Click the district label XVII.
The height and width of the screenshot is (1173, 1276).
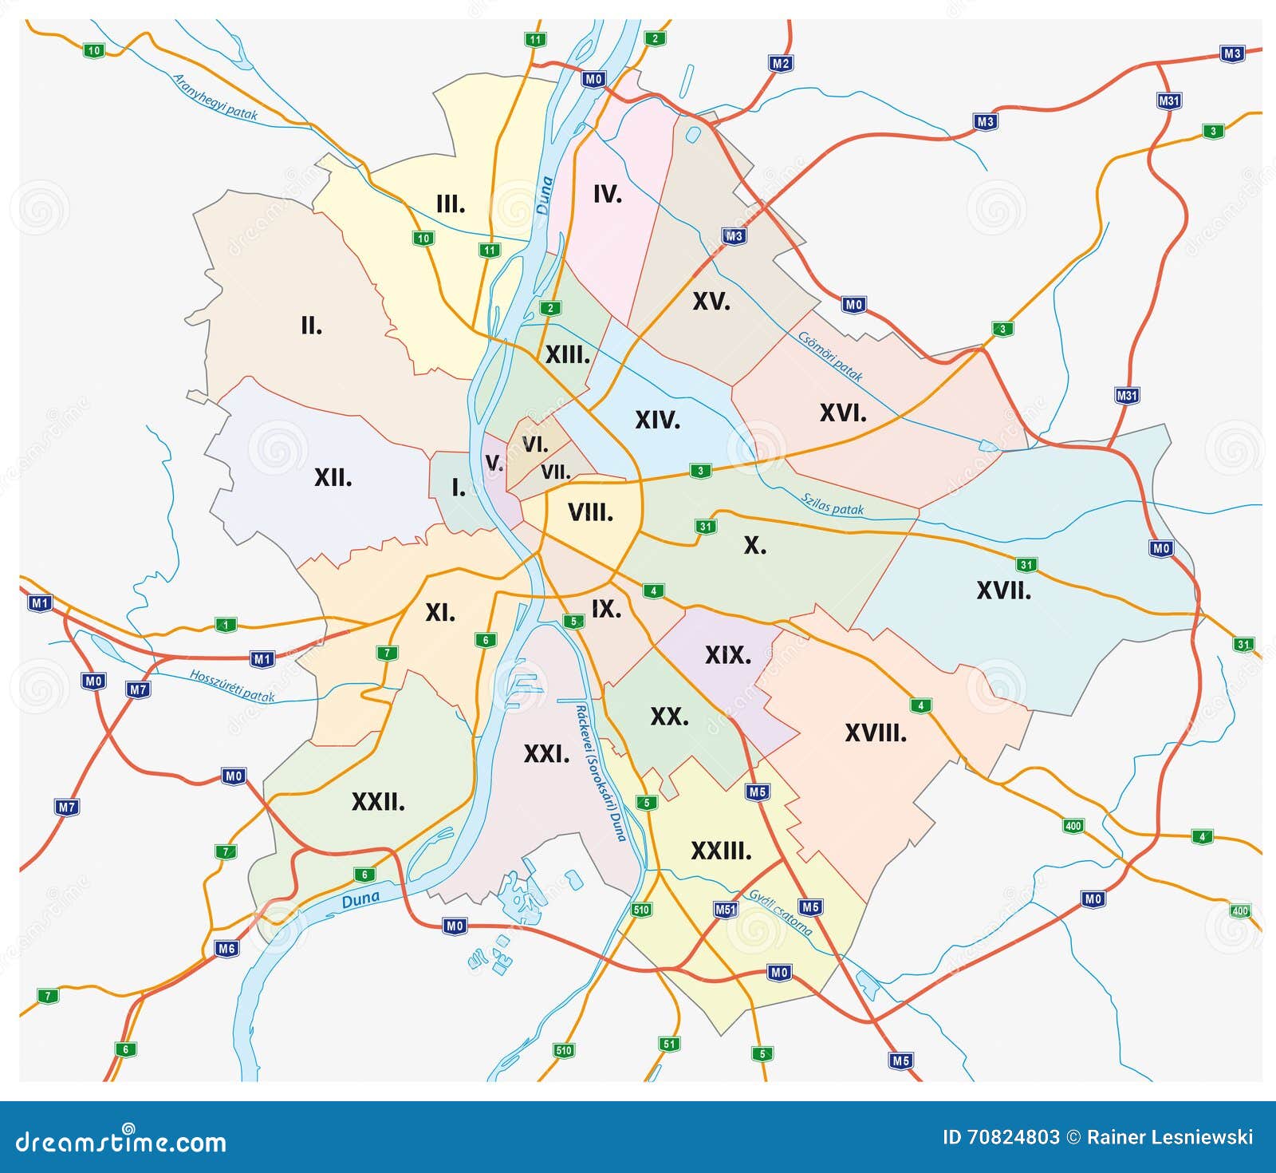coord(1003,591)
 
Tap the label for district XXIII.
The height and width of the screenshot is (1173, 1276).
coord(721,851)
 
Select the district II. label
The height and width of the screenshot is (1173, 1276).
coord(311,326)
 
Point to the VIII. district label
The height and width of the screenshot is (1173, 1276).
coord(590,512)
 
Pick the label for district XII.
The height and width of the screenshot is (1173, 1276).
coord(333,478)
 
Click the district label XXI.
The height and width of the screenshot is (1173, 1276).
coord(546,753)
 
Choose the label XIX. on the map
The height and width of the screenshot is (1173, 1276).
coord(727,655)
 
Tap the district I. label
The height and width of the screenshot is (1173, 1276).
coord(458,488)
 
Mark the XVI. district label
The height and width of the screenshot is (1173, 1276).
coord(842,413)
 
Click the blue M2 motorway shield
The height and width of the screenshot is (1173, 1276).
coord(781,63)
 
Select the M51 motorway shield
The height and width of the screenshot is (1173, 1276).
coord(725,910)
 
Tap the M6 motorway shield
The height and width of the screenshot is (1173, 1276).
coord(226,949)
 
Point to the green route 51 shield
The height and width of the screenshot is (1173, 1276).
coord(669,1044)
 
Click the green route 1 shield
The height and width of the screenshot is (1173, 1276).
coord(226,625)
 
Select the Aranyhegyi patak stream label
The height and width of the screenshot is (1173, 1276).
coord(215,97)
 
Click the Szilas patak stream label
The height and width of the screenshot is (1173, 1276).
coord(832,504)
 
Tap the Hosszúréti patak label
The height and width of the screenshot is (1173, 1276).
coord(231,686)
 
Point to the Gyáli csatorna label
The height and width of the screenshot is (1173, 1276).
coord(780,912)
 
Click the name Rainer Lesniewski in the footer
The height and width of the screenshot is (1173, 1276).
coord(1172,1137)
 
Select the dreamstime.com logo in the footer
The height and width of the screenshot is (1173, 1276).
coord(121,1142)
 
